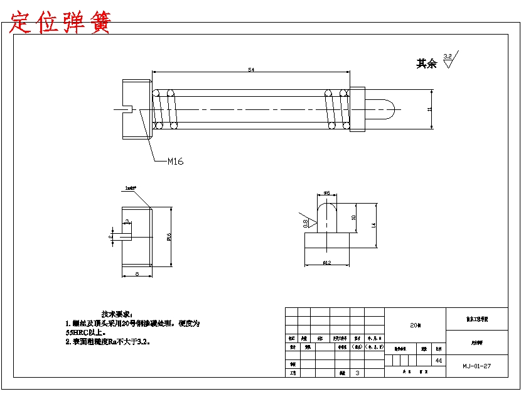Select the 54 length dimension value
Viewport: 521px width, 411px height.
pyautogui.click(x=251, y=70)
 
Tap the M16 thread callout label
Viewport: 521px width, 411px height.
pyautogui.click(x=175, y=162)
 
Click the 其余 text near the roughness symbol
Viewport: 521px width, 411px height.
pyautogui.click(x=426, y=64)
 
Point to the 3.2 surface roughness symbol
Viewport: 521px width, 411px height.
pyautogui.click(x=449, y=60)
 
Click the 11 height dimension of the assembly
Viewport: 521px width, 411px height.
pyautogui.click(x=430, y=109)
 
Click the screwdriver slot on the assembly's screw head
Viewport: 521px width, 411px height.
pyautogui.click(x=126, y=109)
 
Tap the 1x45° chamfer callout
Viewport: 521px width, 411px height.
pyautogui.click(x=131, y=188)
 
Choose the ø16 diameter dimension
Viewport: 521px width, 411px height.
pyautogui.click(x=169, y=237)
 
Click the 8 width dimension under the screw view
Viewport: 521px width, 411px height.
pyautogui.click(x=137, y=274)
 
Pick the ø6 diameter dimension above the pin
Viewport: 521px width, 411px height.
pyautogui.click(x=326, y=193)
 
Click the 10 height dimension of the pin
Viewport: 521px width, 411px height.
pyautogui.click(x=354, y=217)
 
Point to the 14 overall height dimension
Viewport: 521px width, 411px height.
pyautogui.click(x=374, y=225)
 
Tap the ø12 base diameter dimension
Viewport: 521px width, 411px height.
pyautogui.click(x=326, y=263)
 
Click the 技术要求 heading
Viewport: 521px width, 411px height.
pyautogui.click(x=117, y=314)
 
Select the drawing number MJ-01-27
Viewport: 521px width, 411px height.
pyautogui.click(x=476, y=366)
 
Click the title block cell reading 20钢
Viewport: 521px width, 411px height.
pyautogui.click(x=415, y=326)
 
